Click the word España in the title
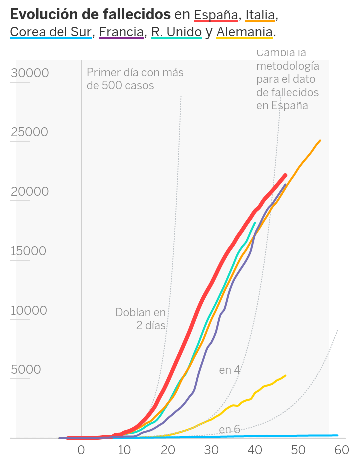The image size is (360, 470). coord(216,15)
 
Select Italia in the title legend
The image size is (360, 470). coord(260,15)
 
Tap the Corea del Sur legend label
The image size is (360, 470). coord(51,32)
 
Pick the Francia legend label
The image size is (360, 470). coord(121,32)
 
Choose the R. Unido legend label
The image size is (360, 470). coord(176,32)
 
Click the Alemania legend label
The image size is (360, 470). coord(245,32)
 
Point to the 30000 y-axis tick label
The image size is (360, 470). coord(30,73)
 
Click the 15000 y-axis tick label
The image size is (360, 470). coord(29,251)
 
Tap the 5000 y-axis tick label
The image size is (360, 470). coord(26,370)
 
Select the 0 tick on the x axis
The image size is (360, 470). coord(81,450)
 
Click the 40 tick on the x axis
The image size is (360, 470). coord(255,450)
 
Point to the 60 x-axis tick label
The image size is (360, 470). coord(342,450)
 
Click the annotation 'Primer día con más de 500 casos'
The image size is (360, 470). coord(135,79)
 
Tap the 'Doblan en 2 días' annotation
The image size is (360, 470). coord(141,319)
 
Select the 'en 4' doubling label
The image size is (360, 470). coord(230,370)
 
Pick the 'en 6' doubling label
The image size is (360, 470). coord(230,429)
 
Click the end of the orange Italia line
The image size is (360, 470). coord(320,140)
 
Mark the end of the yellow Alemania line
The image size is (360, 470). coord(285,375)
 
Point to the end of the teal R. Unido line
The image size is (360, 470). coord(255,223)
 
